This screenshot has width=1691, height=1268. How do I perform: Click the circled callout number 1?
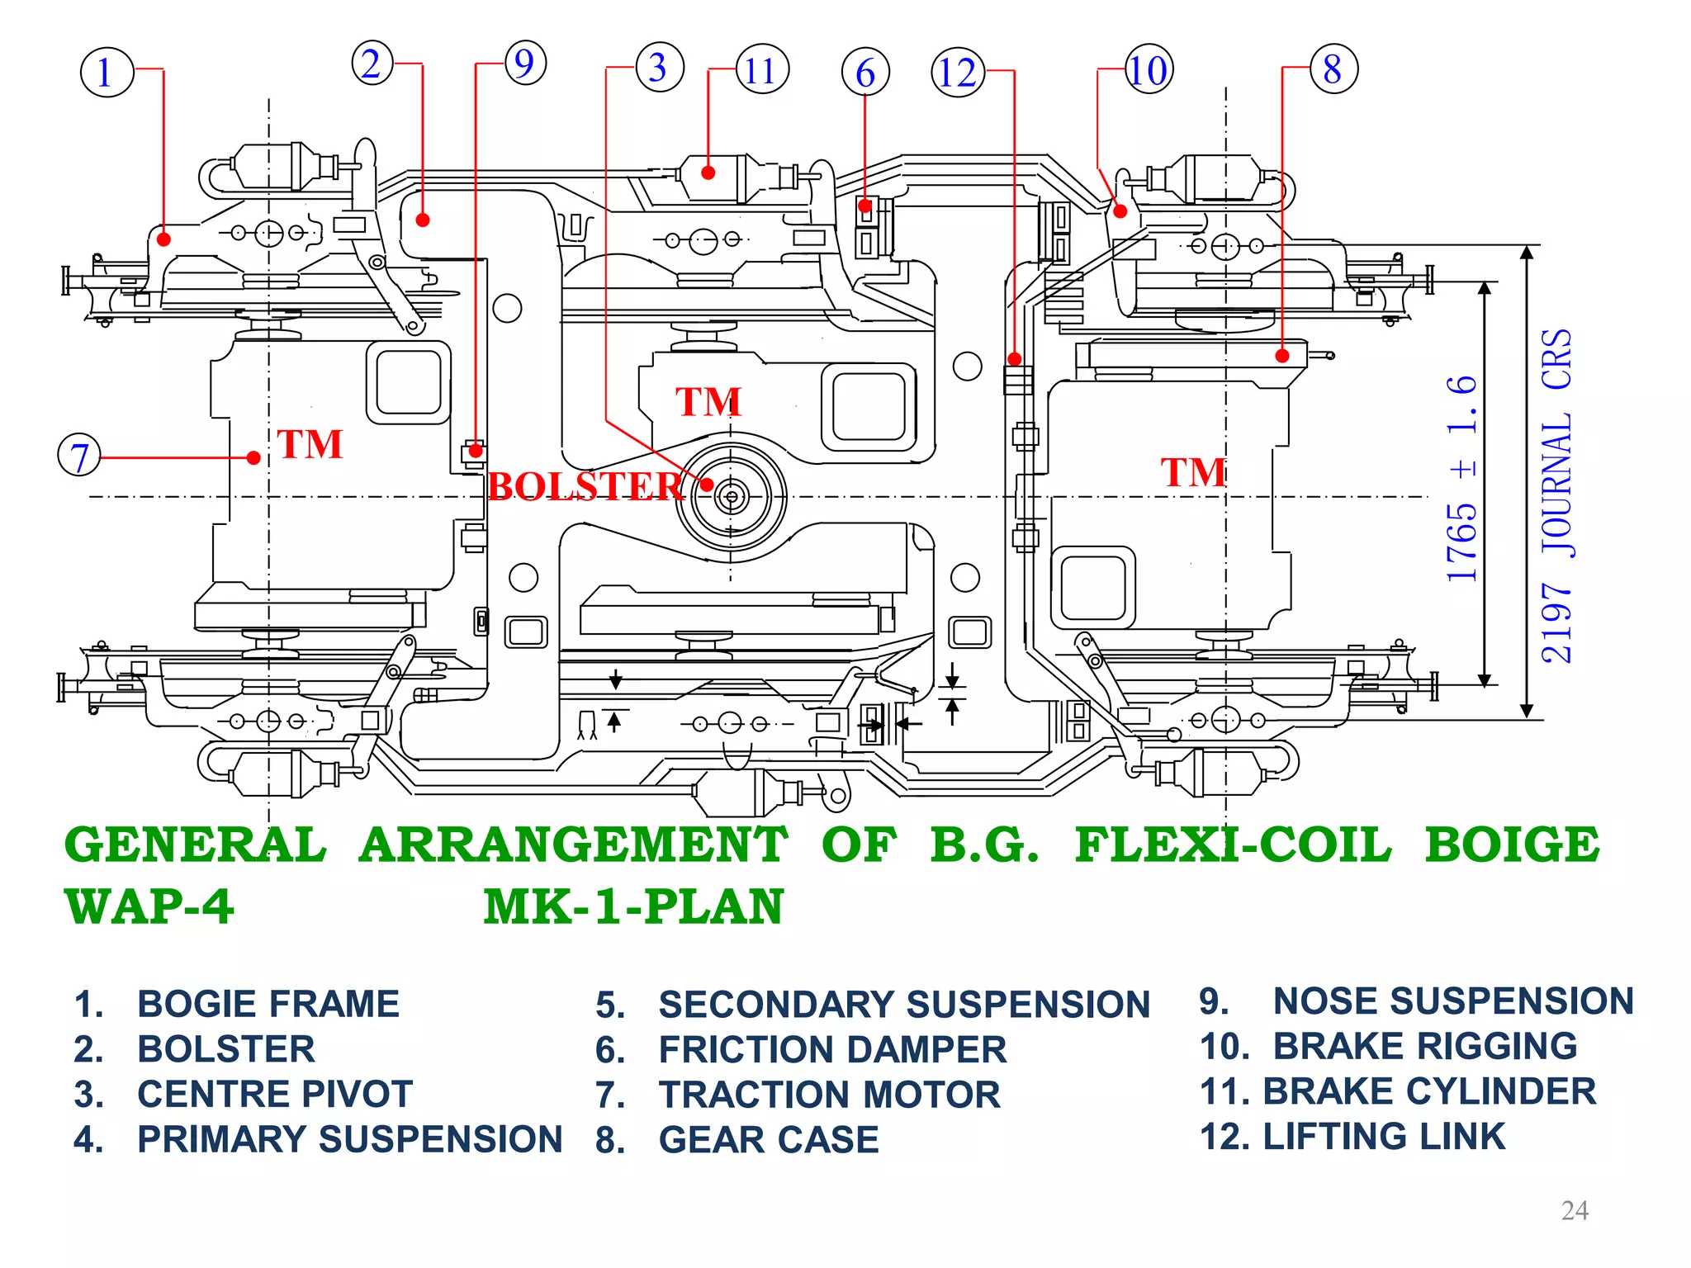click(x=107, y=73)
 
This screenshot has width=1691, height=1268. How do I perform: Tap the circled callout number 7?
click(x=79, y=457)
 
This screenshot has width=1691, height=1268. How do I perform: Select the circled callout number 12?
click(x=958, y=73)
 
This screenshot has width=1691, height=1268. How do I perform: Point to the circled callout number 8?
click(x=1333, y=69)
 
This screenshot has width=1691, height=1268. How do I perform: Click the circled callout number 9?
click(x=525, y=63)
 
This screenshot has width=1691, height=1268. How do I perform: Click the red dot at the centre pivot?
click(x=708, y=485)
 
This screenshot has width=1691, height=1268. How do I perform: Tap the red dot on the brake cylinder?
click(x=708, y=173)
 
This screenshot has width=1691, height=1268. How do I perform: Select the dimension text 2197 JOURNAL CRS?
click(x=1556, y=495)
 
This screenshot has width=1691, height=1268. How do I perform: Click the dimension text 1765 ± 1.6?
click(x=1461, y=479)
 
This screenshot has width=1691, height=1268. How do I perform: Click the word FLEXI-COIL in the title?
click(x=1233, y=845)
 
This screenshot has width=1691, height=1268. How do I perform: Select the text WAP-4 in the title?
click(x=149, y=906)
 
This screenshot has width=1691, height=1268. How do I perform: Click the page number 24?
click(x=1575, y=1210)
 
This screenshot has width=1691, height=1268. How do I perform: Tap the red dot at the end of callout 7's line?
click(x=254, y=457)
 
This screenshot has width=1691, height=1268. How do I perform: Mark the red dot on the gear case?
click(x=1282, y=356)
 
